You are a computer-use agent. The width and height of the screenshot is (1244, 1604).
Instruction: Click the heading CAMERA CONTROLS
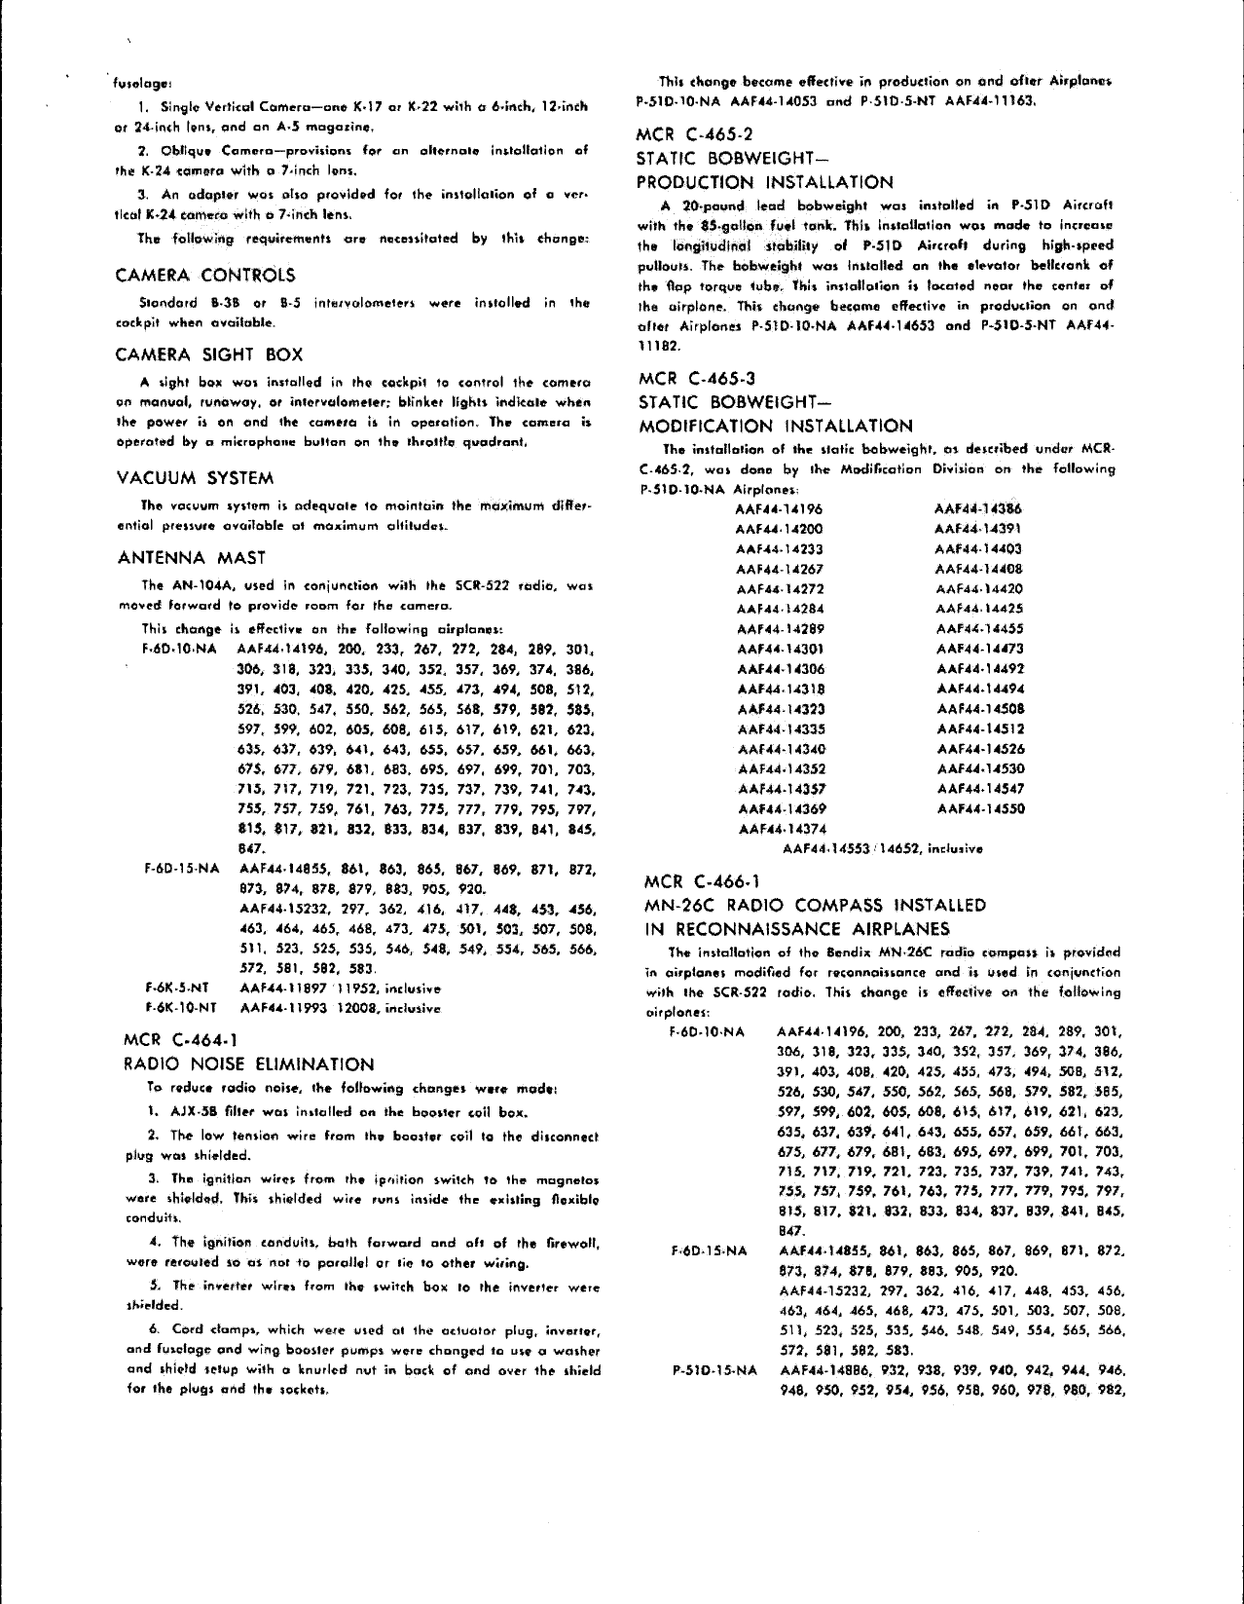pyautogui.click(x=204, y=276)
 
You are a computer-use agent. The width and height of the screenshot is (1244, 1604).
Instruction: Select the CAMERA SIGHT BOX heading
pyautogui.click(x=208, y=355)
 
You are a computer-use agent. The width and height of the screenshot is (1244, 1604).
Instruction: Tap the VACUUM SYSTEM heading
pyautogui.click(x=195, y=478)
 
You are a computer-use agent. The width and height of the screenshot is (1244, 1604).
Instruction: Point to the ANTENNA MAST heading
pyautogui.click(x=191, y=558)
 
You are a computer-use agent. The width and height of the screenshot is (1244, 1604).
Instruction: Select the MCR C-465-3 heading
pyautogui.click(x=694, y=378)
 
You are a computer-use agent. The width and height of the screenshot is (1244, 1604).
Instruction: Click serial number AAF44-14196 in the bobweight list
pyautogui.click(x=780, y=508)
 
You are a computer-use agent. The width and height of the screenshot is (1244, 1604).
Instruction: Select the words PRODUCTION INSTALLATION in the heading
pyautogui.click(x=764, y=182)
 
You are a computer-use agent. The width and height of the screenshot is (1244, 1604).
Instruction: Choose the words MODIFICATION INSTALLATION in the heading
pyautogui.click(x=775, y=426)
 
